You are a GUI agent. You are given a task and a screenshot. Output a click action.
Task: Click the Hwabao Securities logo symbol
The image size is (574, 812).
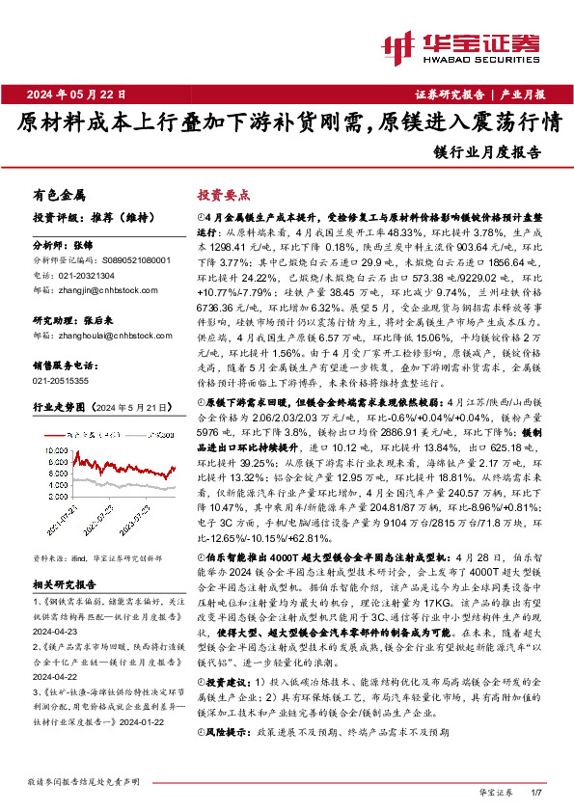click(395, 44)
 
